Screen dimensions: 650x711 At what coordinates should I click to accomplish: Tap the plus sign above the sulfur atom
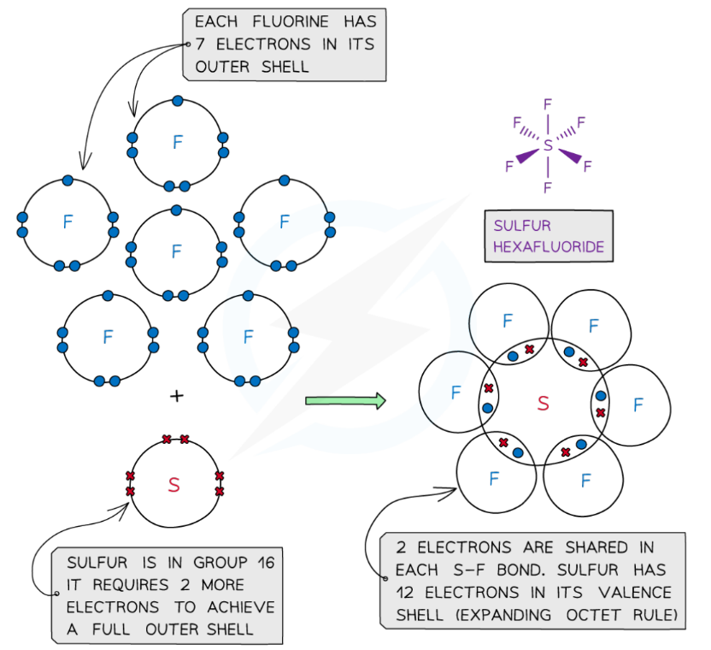[177, 396]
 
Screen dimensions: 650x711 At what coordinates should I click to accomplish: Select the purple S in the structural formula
[548, 146]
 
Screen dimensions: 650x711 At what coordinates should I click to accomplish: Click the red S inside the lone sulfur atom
[174, 485]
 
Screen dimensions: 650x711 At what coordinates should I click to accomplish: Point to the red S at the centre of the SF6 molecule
[544, 403]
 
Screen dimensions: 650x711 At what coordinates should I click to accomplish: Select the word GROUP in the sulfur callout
[206, 562]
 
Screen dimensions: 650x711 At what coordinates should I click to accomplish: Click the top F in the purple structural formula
[548, 105]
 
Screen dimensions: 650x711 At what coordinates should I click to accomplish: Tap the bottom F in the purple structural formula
[548, 186]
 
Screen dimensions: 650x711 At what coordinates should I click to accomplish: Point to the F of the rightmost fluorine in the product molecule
[638, 405]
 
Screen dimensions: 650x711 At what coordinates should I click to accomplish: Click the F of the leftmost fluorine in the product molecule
[455, 393]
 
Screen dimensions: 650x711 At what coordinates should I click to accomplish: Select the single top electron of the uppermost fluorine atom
[177, 100]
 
